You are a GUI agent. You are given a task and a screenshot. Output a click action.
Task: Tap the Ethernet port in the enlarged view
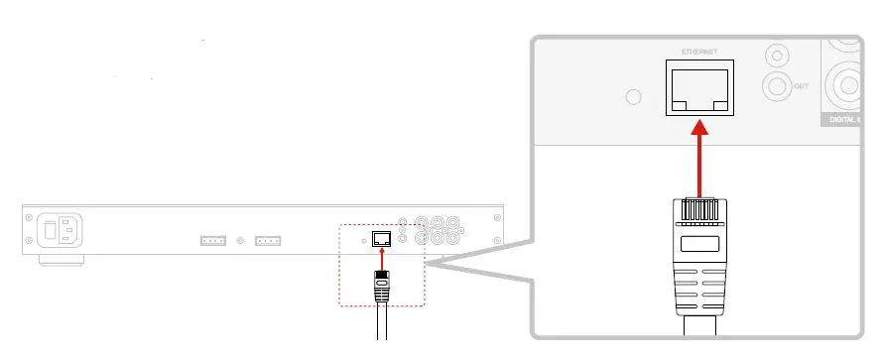(699, 88)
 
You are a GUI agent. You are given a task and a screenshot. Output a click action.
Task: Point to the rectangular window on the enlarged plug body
(700, 244)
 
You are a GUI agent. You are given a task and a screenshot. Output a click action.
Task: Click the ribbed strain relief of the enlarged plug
(700, 294)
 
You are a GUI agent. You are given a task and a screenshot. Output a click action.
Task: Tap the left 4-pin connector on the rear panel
(212, 240)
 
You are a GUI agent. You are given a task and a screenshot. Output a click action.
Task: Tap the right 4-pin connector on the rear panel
(268, 240)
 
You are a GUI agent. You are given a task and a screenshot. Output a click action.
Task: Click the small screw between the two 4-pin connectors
(240, 240)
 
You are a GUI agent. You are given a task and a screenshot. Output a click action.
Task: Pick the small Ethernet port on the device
(381, 237)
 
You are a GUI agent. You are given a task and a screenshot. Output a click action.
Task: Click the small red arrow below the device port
(381, 257)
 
